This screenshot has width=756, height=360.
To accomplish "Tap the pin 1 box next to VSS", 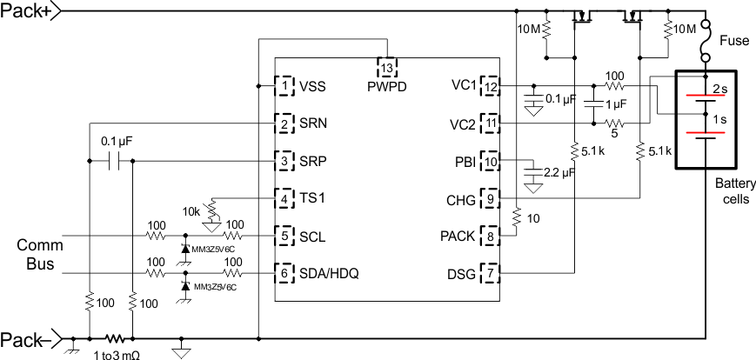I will (x=284, y=87).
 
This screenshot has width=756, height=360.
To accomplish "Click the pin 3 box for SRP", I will (x=284, y=161).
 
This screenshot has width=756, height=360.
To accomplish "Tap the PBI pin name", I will (x=463, y=161).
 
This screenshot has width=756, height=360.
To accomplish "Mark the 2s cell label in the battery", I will (x=720, y=89).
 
